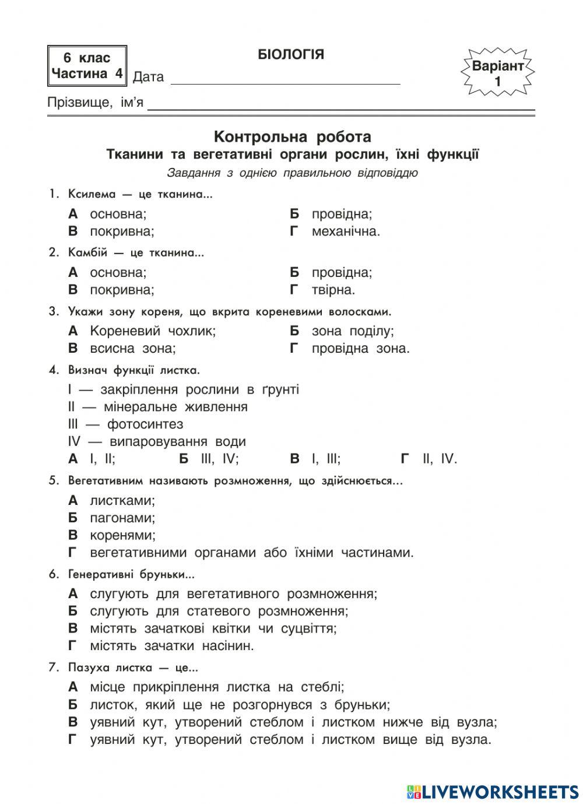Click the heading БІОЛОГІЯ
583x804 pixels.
[290, 55]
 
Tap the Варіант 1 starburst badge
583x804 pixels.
[497, 73]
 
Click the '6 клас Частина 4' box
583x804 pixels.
[87, 66]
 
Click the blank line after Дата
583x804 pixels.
[285, 79]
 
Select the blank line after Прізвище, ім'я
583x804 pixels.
[341, 105]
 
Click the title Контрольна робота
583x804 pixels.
[292, 137]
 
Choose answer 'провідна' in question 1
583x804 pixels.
[341, 214]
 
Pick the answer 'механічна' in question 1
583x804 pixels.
[345, 231]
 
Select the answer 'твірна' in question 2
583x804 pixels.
[333, 290]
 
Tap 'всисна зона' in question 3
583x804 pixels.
[132, 349]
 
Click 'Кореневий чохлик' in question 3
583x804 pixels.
[152, 331]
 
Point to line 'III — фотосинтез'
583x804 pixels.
[125, 424]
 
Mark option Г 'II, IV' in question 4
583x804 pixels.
[440, 459]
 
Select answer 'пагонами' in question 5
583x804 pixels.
[122, 518]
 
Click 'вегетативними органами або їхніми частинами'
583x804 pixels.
[251, 553]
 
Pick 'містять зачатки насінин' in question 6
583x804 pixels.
[172, 646]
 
